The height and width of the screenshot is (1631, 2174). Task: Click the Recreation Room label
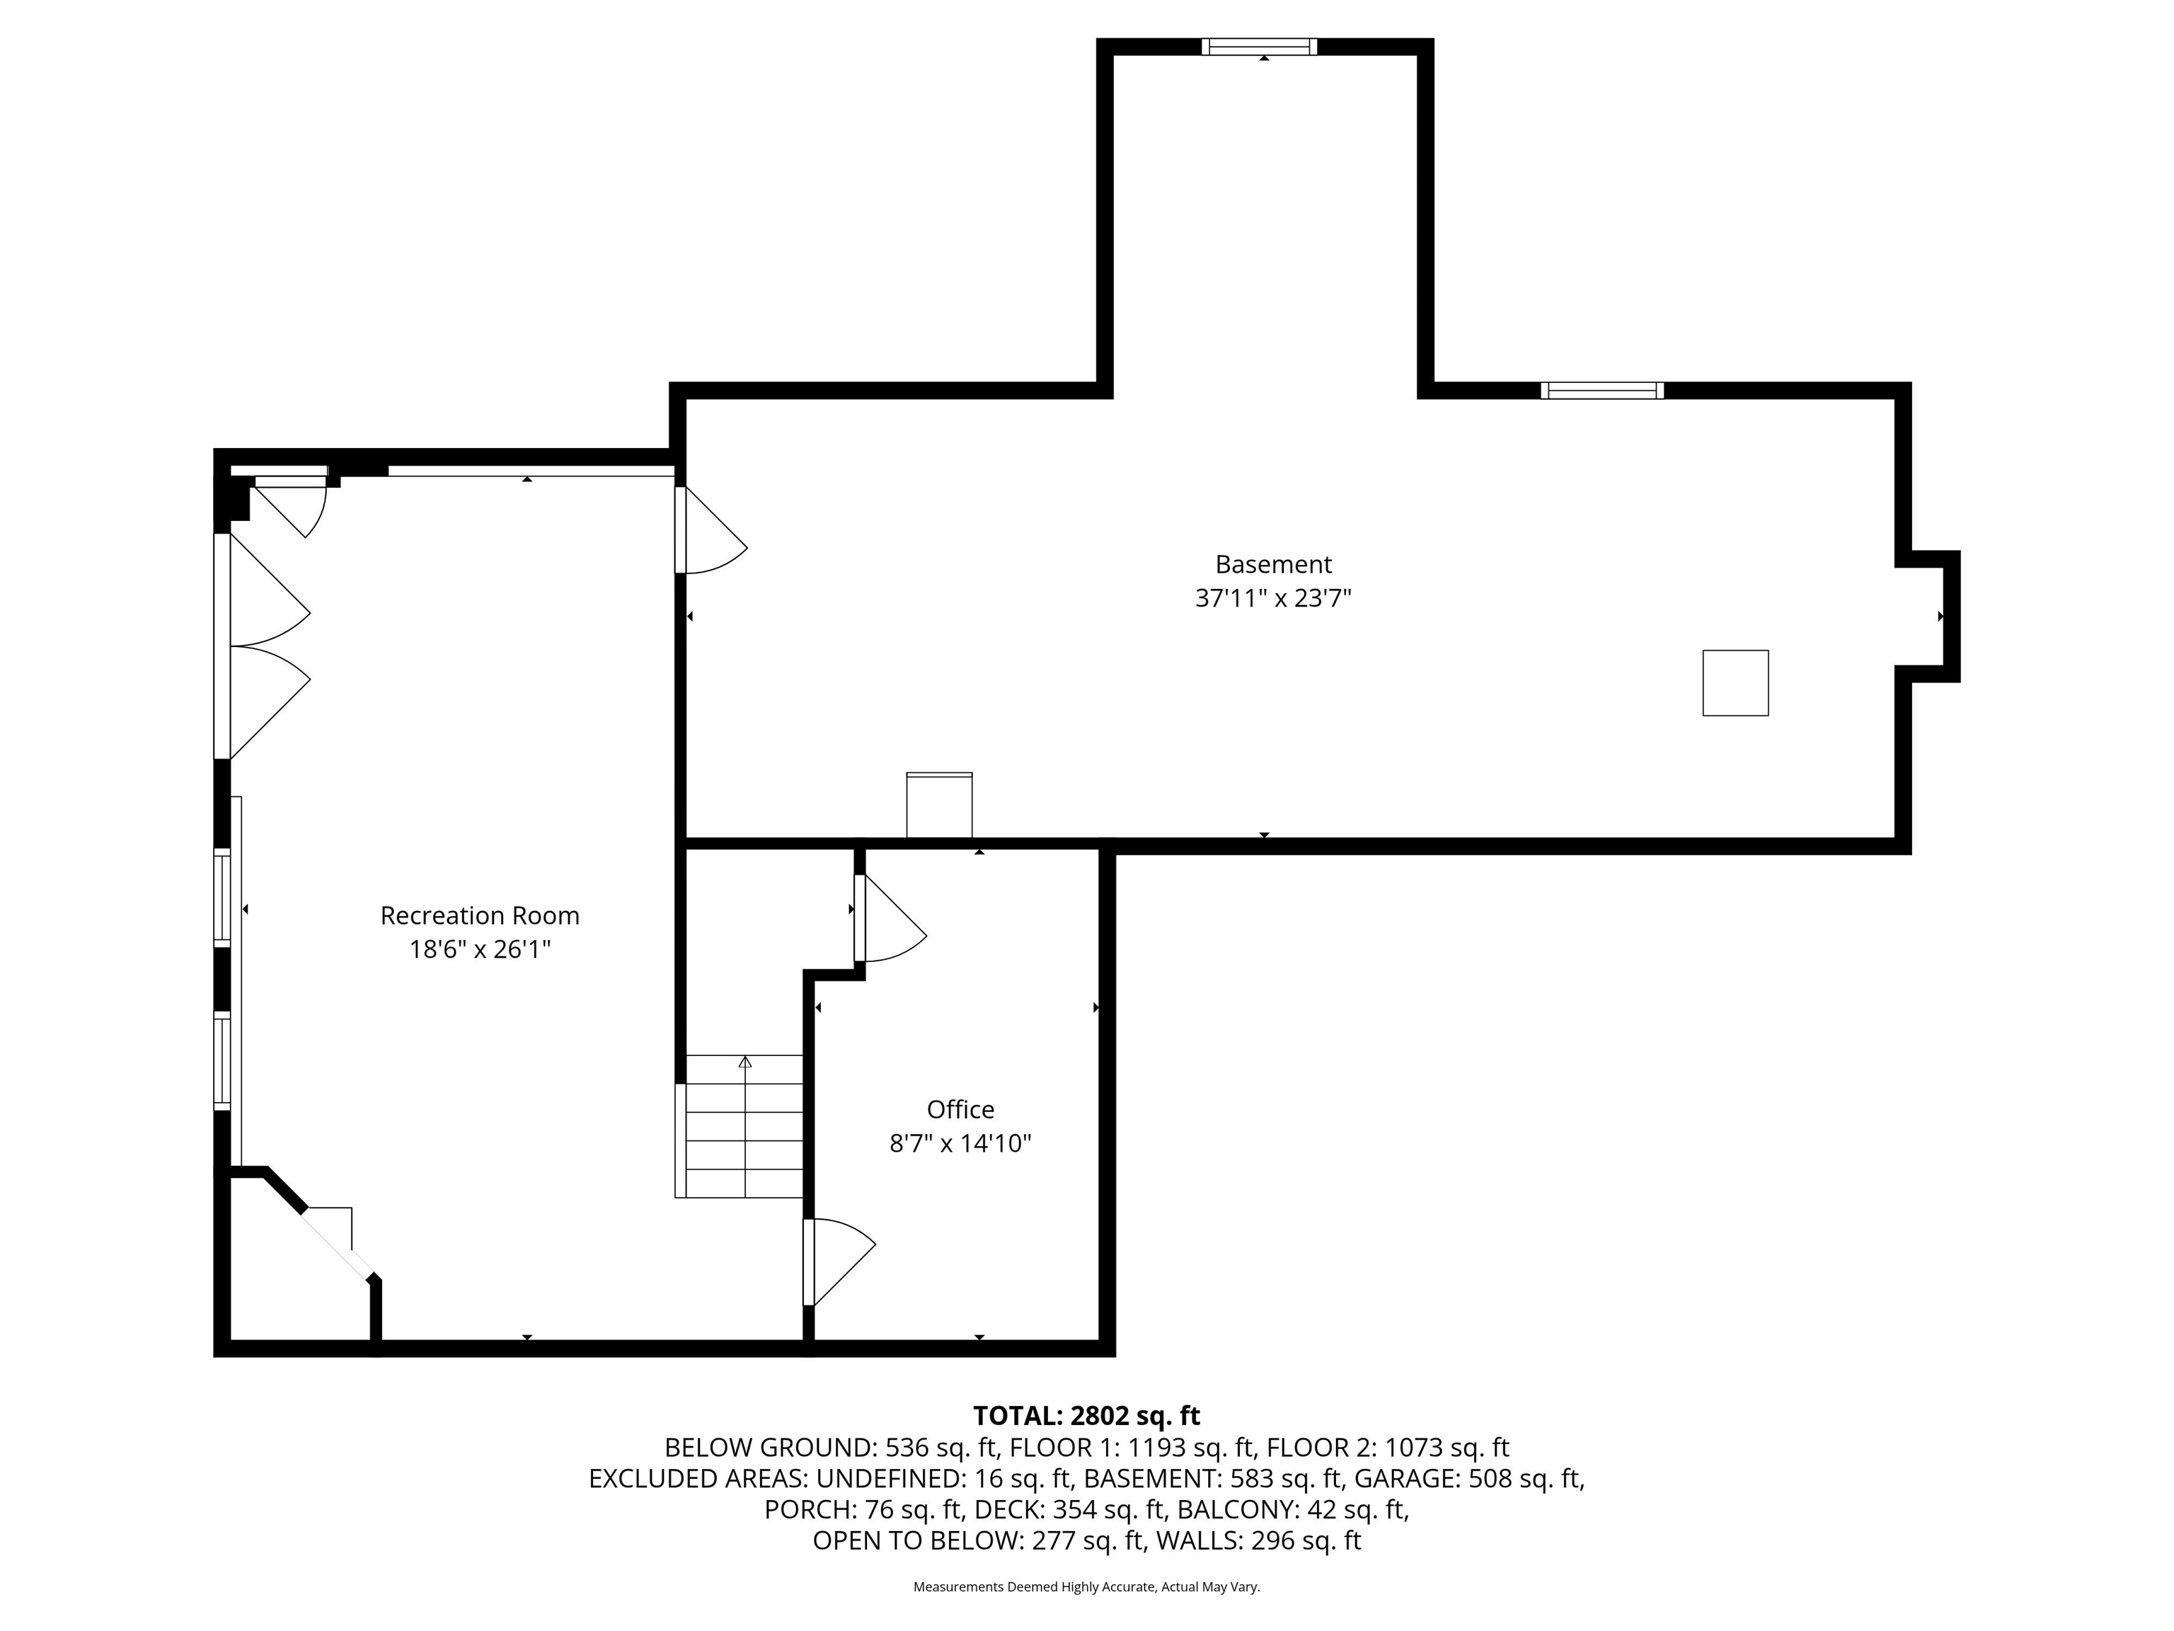[480, 915]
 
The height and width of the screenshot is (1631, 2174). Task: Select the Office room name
[960, 1109]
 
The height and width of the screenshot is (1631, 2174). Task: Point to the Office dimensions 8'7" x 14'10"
[960, 1143]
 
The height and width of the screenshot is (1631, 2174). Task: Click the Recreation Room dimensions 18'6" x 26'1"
[480, 950]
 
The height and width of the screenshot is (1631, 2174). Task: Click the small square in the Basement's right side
[1736, 682]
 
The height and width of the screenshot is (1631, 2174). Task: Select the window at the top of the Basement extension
[1259, 46]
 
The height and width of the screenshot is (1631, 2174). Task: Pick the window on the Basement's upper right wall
[1602, 390]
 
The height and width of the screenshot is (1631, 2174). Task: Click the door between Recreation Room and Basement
[711, 530]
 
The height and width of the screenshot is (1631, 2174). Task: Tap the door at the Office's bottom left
[839, 1262]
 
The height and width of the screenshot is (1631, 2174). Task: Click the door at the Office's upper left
[890, 917]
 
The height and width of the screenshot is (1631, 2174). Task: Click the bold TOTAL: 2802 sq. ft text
[1086, 1416]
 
